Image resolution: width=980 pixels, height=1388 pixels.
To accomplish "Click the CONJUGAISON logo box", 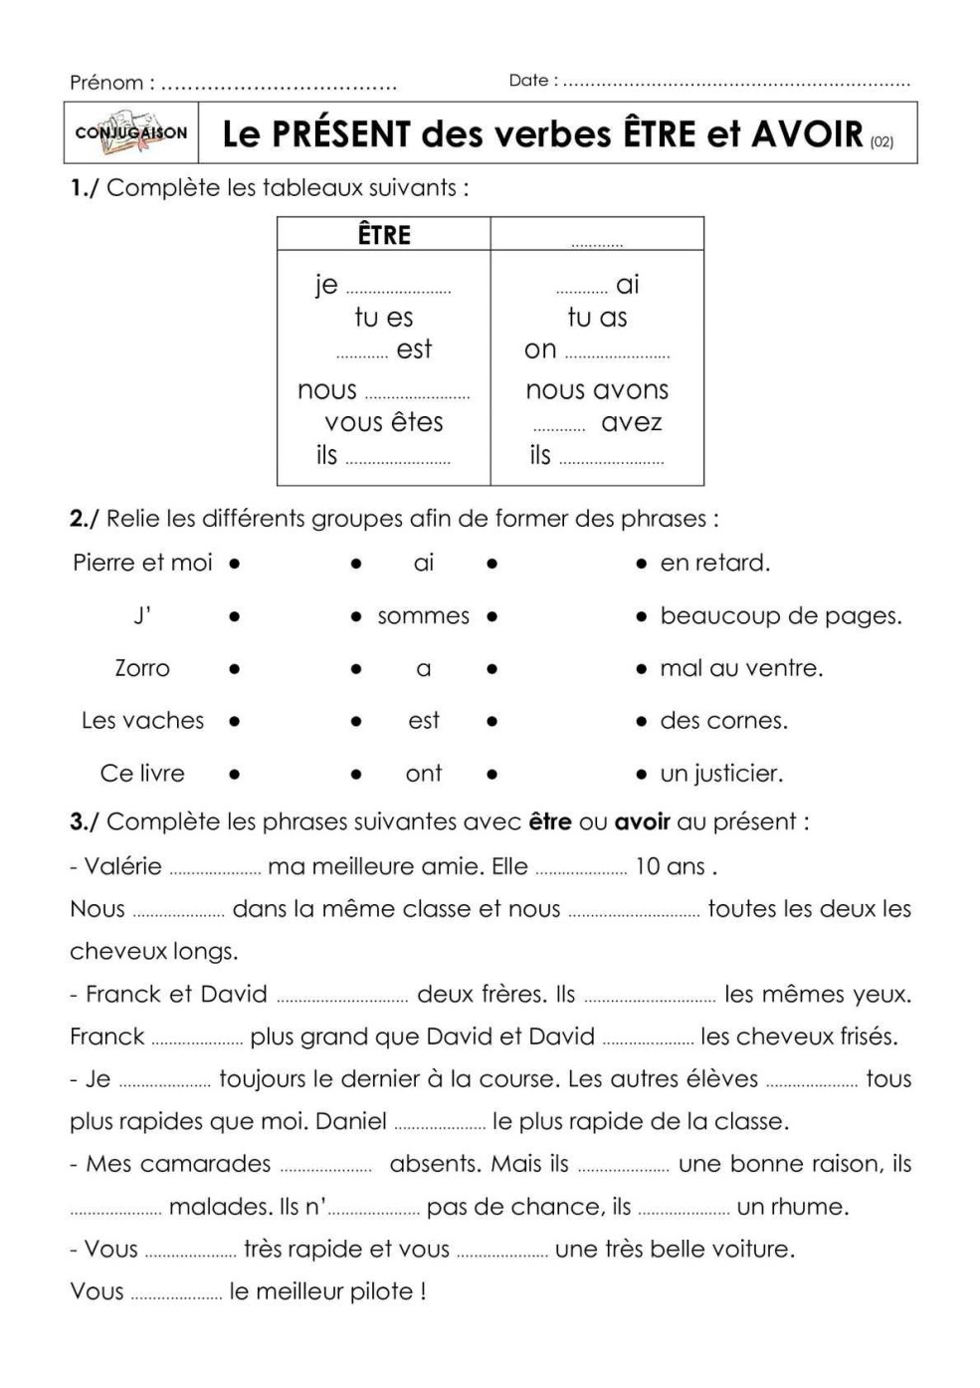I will click(x=131, y=132).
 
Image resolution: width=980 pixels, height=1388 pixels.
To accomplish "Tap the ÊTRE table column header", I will click(x=384, y=235).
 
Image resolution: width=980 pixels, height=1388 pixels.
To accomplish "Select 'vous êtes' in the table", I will click(x=384, y=422).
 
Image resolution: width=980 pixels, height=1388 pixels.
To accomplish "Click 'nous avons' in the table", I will click(x=597, y=390).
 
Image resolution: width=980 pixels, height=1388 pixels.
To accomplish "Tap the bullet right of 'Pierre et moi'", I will click(x=234, y=564).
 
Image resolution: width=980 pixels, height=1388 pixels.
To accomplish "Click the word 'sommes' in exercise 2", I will click(x=423, y=616).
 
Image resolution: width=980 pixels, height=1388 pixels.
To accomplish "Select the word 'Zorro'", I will click(x=142, y=668).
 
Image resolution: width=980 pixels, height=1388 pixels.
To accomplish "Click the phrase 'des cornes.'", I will click(x=723, y=721).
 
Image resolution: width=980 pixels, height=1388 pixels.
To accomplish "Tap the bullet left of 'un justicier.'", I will click(x=642, y=774).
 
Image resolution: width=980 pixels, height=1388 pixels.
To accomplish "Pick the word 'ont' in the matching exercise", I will click(x=424, y=774).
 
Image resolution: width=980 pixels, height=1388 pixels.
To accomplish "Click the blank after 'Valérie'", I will click(x=215, y=871).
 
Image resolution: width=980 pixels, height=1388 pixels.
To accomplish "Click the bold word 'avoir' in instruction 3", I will click(x=642, y=822).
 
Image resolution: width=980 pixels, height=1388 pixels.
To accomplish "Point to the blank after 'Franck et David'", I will click(x=342, y=999).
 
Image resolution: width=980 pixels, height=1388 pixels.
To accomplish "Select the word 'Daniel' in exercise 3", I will click(x=351, y=1122).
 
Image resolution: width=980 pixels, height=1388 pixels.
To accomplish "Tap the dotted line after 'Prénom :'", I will click(x=279, y=88).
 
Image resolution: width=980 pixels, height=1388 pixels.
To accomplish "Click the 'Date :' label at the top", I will click(x=533, y=81).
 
